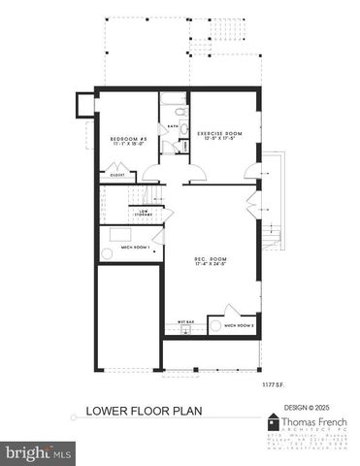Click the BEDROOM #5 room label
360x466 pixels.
coord(127,141)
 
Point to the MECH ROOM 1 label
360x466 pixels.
coord(115,249)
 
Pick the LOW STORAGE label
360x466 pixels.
coord(146,213)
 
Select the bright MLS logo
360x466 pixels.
coord(40,451)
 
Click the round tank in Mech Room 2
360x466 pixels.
coord(214,327)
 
